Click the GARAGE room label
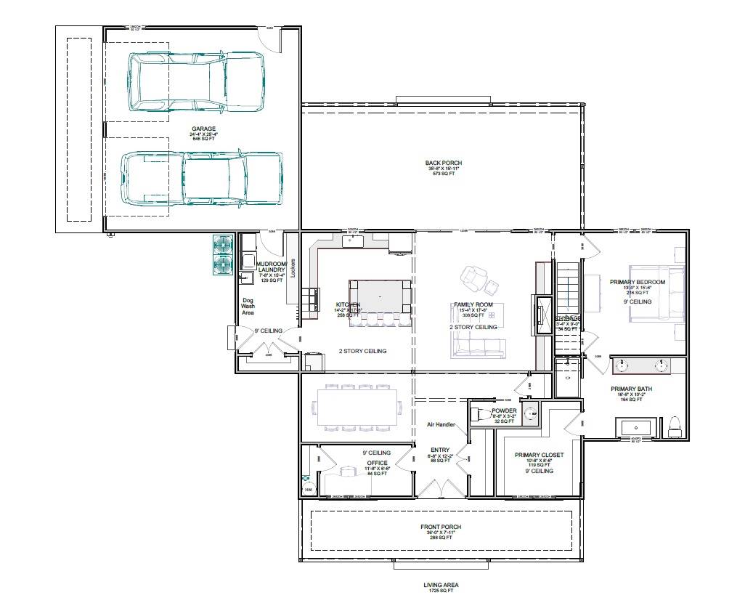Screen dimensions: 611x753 [203, 129]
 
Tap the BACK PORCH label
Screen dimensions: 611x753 [443, 163]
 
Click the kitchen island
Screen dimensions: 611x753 [380, 297]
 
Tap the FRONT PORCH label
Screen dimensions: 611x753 [441, 527]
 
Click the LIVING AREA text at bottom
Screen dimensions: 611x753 [441, 585]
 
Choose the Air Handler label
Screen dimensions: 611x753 [441, 424]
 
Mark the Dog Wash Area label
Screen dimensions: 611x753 [248, 306]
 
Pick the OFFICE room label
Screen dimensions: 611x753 [377, 463]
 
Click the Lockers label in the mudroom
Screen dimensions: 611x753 [293, 268]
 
